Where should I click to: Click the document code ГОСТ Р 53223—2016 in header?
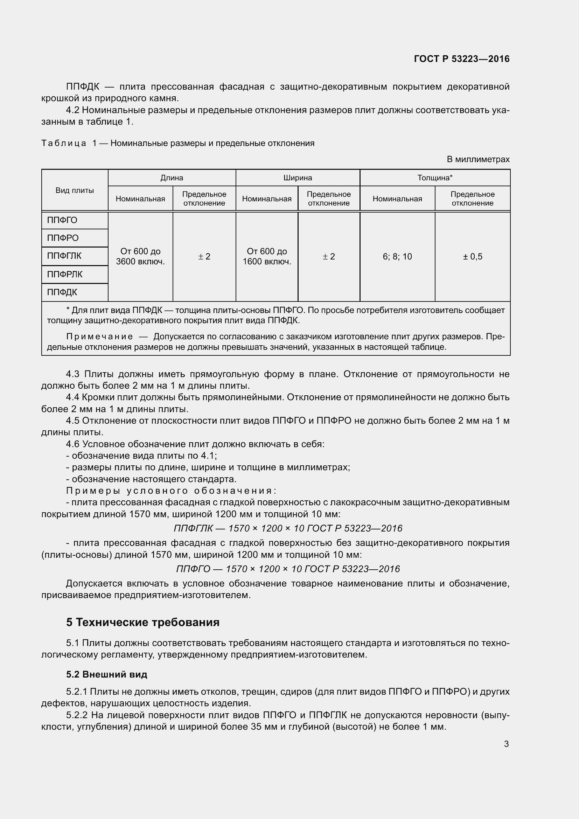pyautogui.click(x=461, y=59)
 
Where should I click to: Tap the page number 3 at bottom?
pyautogui.click(x=506, y=744)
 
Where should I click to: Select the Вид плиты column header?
pyautogui.click(x=75, y=190)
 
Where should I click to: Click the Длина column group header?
pyautogui.click(x=172, y=178)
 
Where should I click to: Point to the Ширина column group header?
pyautogui.click(x=297, y=178)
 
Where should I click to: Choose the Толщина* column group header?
pyautogui.click(x=435, y=178)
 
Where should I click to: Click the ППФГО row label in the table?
pyautogui.click(x=62, y=221)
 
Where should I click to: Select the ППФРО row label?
pyautogui.click(x=63, y=238)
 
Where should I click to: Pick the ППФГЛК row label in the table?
pyautogui.click(x=64, y=256)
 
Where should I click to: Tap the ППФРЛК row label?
pyautogui.click(x=65, y=274)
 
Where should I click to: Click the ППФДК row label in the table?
pyautogui.click(x=62, y=292)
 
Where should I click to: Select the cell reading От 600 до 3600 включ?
pyautogui.click(x=140, y=256)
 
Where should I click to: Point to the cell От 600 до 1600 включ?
pyautogui.click(x=267, y=256)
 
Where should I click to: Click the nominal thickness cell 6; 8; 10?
pyautogui.click(x=397, y=256)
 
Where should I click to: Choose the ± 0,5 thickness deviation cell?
pyautogui.click(x=472, y=256)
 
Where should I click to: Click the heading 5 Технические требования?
pyautogui.click(x=142, y=623)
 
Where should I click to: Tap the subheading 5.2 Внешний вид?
pyautogui.click(x=107, y=674)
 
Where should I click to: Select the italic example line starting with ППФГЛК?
pyautogui.click(x=288, y=528)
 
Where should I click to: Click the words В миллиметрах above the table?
pyautogui.click(x=478, y=159)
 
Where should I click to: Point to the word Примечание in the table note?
pyautogui.click(x=100, y=337)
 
